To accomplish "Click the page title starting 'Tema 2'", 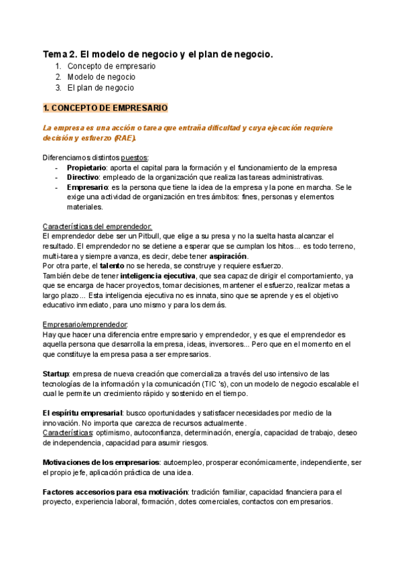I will (158, 53).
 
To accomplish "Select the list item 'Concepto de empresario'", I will (111, 66).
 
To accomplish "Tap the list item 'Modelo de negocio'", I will (102, 77).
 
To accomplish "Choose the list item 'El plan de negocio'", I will (100, 88).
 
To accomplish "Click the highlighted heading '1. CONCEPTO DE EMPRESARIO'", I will (105, 107).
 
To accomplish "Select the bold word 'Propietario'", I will (86, 167).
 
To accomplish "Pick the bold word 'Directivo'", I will (83, 177).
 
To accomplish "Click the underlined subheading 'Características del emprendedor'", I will (97, 227).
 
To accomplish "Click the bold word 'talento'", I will (113, 266).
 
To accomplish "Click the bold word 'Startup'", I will (55, 374).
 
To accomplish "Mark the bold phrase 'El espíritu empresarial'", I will (82, 413).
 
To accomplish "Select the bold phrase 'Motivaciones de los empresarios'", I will (100, 462).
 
